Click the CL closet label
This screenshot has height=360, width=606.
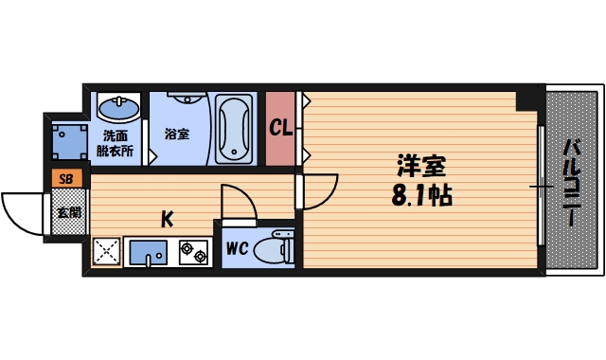[x=281, y=127]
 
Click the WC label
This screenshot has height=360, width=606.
[x=237, y=250]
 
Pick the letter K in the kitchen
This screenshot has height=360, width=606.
[x=167, y=220]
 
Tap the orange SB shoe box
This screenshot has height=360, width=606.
[x=66, y=177]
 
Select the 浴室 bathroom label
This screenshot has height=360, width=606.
[x=177, y=134]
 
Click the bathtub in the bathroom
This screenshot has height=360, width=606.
[x=232, y=127]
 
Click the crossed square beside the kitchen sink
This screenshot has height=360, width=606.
[x=106, y=251]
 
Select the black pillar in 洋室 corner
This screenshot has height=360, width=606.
[x=526, y=99]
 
